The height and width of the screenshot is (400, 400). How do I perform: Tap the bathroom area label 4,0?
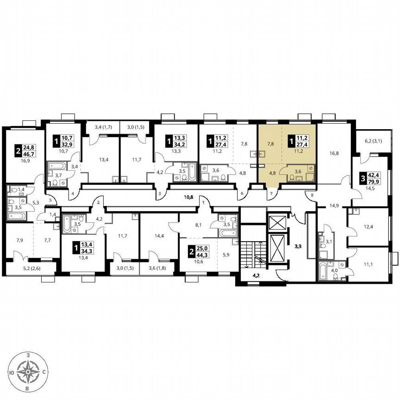[x=334, y=269]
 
